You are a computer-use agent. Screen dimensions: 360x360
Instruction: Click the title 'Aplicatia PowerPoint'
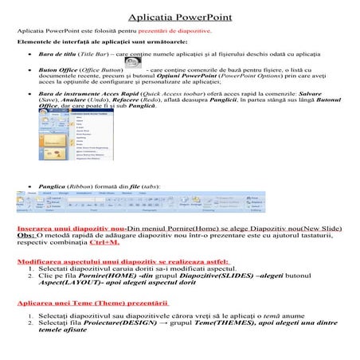180,15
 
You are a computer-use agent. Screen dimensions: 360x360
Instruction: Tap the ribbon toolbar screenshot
180,205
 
